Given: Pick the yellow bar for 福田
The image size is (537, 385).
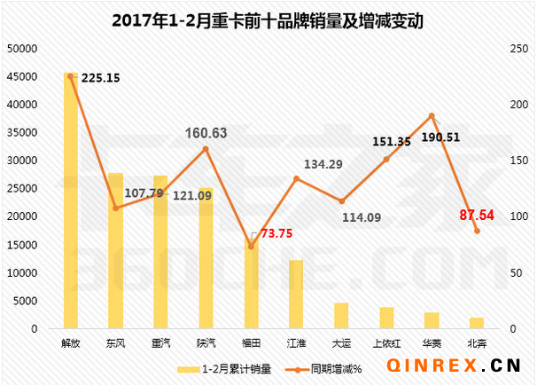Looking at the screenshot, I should pos(251,283).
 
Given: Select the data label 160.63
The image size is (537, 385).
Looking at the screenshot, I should pos(206,133).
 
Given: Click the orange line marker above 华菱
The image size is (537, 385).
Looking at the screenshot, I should pos(432,115).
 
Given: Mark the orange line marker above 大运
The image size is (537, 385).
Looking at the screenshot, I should pos(341,201).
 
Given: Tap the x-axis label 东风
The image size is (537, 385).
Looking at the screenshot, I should pos(115,341).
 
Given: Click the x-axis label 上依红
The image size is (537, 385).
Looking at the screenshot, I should pos(386,341).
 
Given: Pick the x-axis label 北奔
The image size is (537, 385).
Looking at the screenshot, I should pos(477,341).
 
